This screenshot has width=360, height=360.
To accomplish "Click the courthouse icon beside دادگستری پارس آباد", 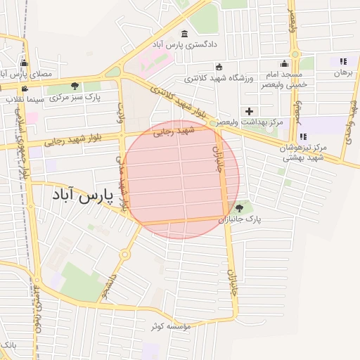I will [x=185, y=34].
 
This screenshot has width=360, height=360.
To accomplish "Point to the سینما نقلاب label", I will [x=25, y=99].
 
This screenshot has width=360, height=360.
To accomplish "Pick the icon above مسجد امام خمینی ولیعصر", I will [x=284, y=64].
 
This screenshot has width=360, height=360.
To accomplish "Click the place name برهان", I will [x=342, y=72].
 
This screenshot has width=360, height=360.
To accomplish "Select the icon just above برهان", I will [x=343, y=61].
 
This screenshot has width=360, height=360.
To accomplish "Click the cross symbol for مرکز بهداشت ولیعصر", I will [x=249, y=111].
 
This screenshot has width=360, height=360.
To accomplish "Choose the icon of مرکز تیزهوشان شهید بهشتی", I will [x=302, y=136].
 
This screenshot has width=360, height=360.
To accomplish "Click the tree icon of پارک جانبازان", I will [x=240, y=208].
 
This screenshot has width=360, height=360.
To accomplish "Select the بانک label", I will [x=7, y=345].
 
